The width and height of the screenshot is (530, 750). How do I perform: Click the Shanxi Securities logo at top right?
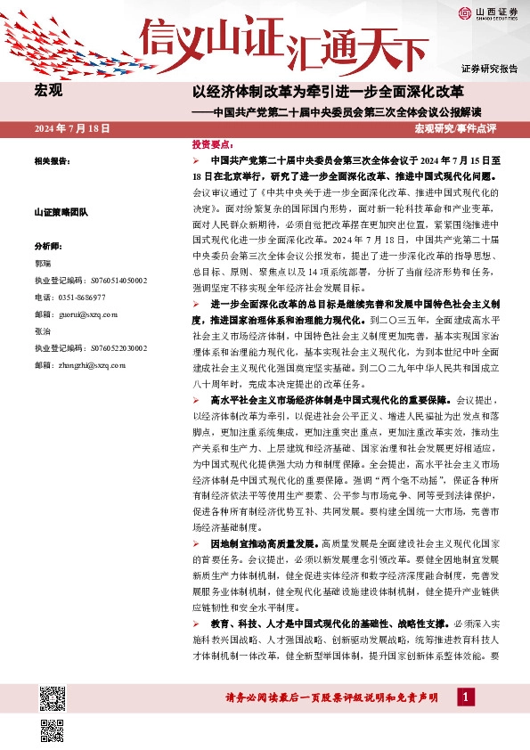click(x=487, y=12)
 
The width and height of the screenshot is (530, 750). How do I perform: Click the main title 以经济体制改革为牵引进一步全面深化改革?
click(x=329, y=91)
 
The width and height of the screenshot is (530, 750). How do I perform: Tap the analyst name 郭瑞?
click(x=44, y=265)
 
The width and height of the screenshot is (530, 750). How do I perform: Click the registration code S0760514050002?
click(x=91, y=281)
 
